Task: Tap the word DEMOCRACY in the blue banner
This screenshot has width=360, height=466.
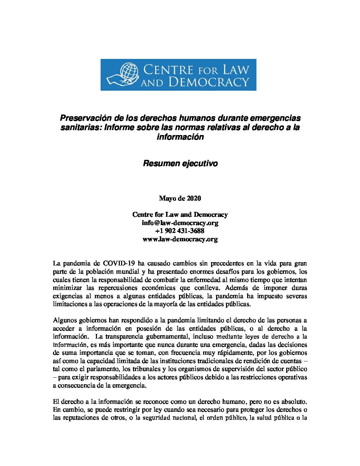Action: (208, 82)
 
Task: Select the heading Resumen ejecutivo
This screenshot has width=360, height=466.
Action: (180, 163)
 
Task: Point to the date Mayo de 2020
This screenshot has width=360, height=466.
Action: (180, 198)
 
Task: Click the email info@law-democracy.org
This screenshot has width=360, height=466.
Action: (180, 223)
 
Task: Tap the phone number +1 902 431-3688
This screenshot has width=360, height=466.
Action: (180, 231)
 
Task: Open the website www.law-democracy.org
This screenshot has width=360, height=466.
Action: (180, 239)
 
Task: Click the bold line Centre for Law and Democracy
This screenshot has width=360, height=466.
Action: (180, 214)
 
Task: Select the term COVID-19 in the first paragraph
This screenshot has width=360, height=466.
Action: (119, 263)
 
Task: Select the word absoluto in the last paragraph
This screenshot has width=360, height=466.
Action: (293, 401)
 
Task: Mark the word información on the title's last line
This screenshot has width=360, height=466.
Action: (180, 137)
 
